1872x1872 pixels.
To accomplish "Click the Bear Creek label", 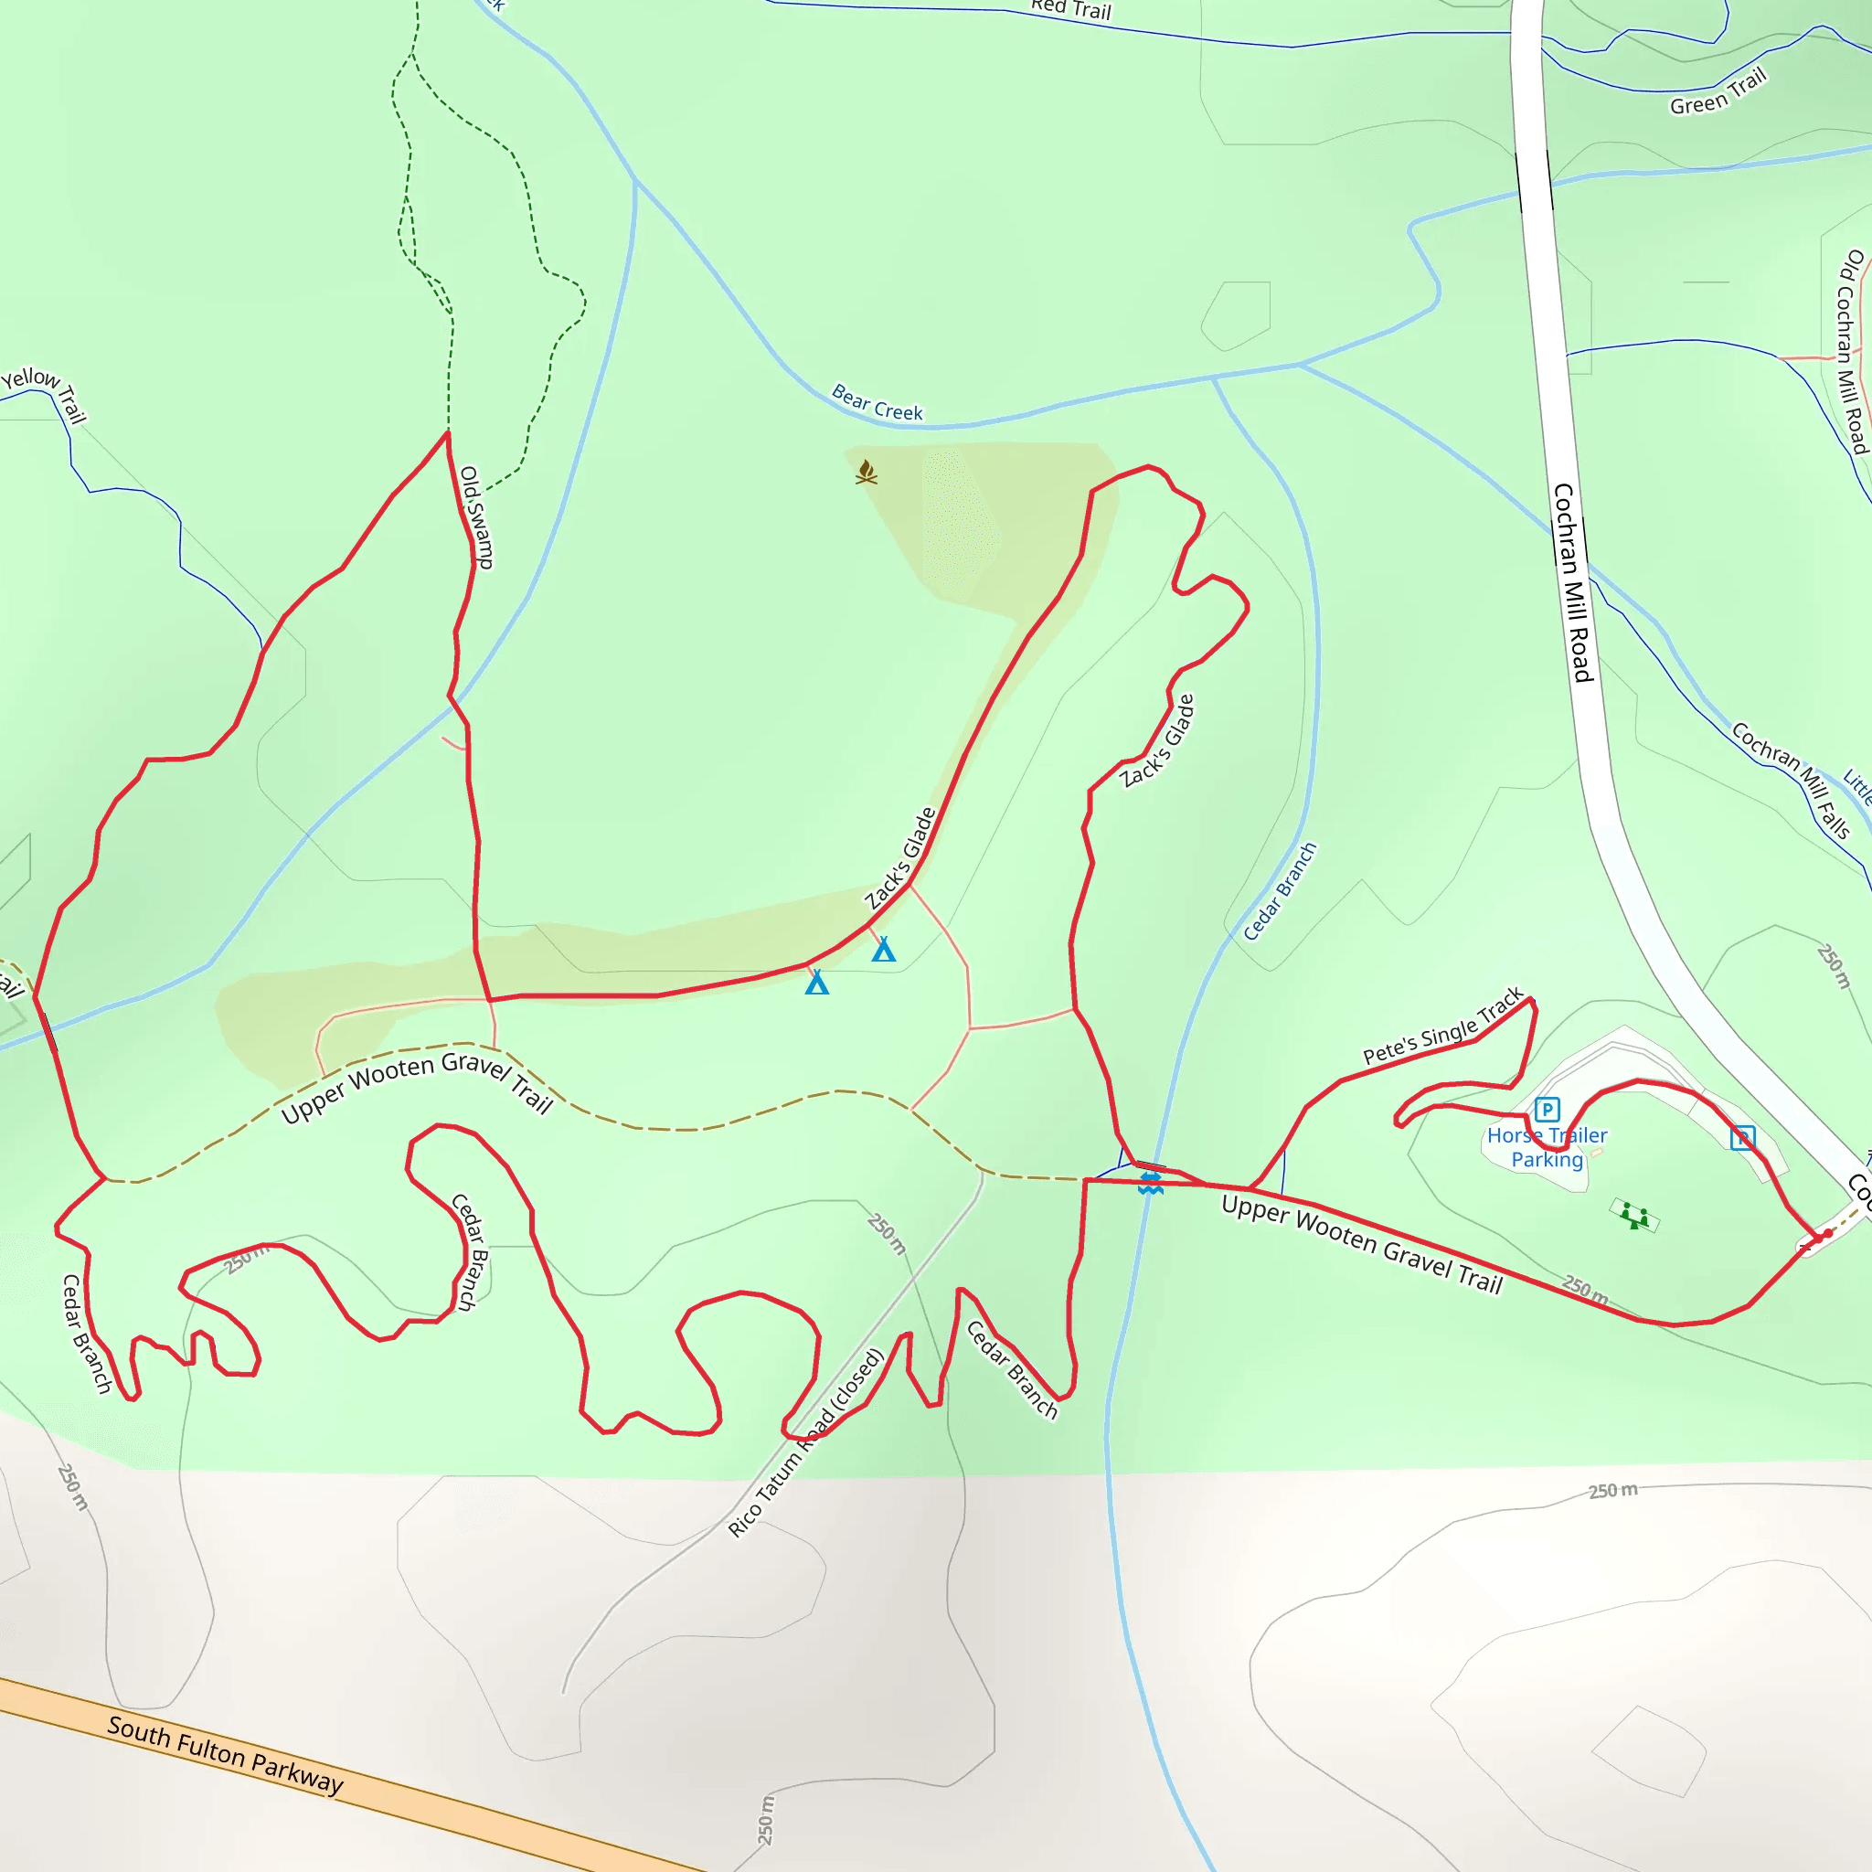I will (877, 403).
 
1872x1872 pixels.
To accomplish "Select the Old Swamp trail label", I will (477, 517).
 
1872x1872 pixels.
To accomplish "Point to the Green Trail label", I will (1718, 92).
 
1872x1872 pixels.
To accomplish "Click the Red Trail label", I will (1070, 10).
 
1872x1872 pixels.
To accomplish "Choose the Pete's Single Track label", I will (1442, 1027).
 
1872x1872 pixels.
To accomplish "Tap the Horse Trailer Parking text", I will (1547, 1147).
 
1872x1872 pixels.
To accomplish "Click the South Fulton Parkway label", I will (225, 1754).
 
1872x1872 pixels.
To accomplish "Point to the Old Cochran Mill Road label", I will (1852, 351).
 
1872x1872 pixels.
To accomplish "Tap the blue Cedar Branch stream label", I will (1280, 891).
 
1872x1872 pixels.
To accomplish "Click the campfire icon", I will (867, 472).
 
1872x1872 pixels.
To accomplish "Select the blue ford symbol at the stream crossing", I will (1150, 1183).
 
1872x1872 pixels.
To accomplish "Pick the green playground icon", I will (1635, 1216).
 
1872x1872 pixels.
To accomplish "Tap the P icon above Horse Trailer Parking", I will (1548, 1110).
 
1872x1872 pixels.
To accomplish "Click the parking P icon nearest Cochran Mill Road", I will (1742, 1137).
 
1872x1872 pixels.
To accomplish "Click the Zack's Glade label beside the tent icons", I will (900, 858).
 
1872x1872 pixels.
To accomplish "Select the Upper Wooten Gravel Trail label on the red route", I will (1361, 1245).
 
